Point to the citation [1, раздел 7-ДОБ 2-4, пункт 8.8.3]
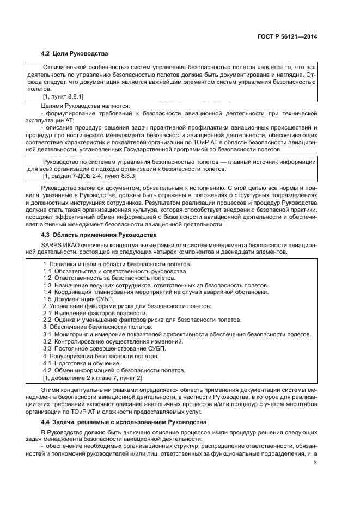coord(90,176)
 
